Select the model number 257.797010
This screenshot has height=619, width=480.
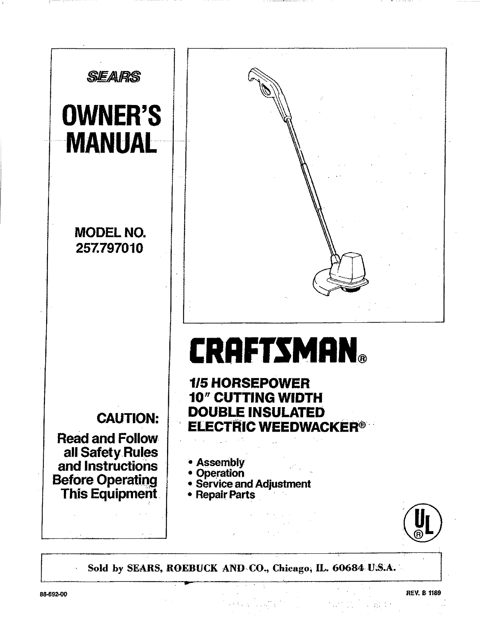[x=110, y=249]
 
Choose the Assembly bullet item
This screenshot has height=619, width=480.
[x=220, y=462]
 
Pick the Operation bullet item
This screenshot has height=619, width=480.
[x=220, y=473]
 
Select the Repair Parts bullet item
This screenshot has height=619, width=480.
[x=225, y=495]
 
